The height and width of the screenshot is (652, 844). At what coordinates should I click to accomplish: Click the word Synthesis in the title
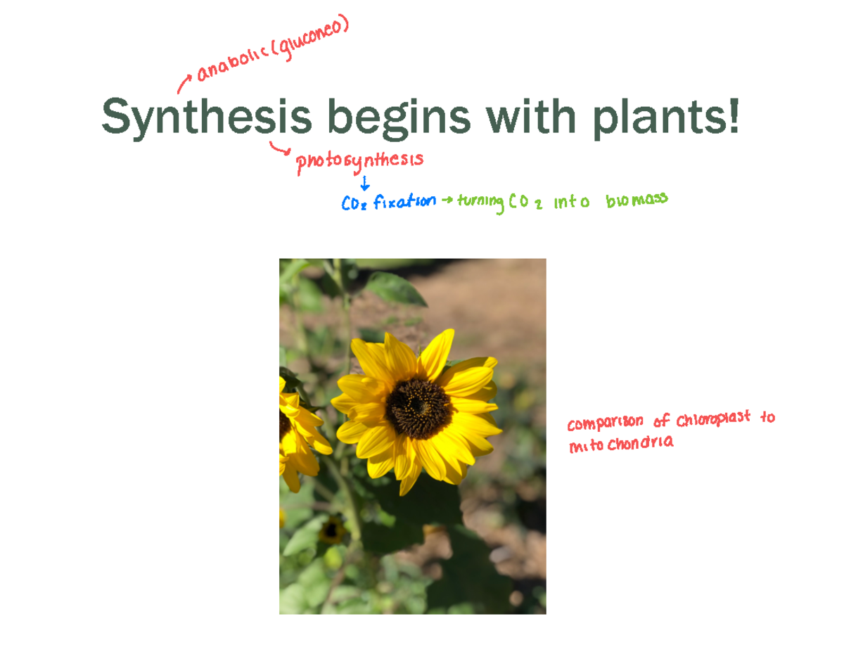click(x=206, y=117)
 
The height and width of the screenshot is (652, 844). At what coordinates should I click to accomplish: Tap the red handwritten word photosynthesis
click(x=359, y=161)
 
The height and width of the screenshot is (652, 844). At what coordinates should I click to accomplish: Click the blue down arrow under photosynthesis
click(x=364, y=184)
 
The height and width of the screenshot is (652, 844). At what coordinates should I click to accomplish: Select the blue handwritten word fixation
click(x=404, y=202)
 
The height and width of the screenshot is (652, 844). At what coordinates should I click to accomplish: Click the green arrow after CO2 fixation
click(x=447, y=202)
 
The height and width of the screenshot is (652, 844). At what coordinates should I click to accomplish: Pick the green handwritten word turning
click(x=480, y=203)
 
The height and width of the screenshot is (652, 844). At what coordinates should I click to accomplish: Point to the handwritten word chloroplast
click(x=713, y=421)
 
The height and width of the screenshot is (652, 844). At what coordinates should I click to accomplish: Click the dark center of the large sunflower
click(x=418, y=407)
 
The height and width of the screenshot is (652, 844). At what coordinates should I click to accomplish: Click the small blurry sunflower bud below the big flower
click(x=331, y=530)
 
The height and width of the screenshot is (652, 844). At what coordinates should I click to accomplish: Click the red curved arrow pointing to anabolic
click(x=184, y=84)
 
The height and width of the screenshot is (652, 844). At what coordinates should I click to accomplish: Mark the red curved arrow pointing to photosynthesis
click(x=279, y=148)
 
